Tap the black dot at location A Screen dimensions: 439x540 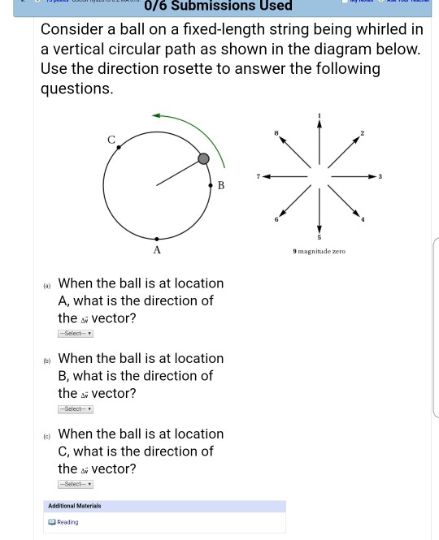point(156,240)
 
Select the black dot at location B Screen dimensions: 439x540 point(210,184)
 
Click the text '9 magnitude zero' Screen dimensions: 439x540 point(320,252)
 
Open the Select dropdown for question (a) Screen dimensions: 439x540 point(76,334)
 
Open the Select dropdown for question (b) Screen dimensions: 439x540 point(76,408)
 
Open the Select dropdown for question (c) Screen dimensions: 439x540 point(76,484)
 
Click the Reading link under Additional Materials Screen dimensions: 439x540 point(67,522)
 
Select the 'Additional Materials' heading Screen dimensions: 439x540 point(75,506)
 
